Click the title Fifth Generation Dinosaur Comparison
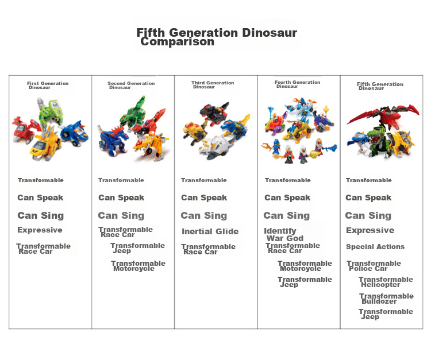pyautogui.click(x=217, y=37)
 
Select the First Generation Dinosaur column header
pyautogui.click(x=48, y=85)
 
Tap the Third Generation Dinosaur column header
pyautogui.click(x=213, y=84)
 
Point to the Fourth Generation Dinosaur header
pyautogui.click(x=298, y=84)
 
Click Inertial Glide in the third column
pyautogui.click(x=210, y=231)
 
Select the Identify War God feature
pyautogui.click(x=284, y=234)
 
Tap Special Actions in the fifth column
pyautogui.click(x=375, y=246)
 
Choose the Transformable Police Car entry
pyautogui.click(x=374, y=265)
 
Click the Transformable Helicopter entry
pyautogui.click(x=386, y=282)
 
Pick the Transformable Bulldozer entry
pyautogui.click(x=386, y=299)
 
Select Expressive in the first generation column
pyautogui.click(x=40, y=230)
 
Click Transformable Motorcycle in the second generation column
pyautogui.click(x=138, y=265)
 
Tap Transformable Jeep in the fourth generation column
pyautogui.click(x=305, y=282)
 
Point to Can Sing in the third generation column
pyautogui.click(x=204, y=215)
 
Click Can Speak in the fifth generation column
pyautogui.click(x=368, y=198)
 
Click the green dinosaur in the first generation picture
pyautogui.click(x=51, y=111)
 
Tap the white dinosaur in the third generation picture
pyautogui.click(x=217, y=148)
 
